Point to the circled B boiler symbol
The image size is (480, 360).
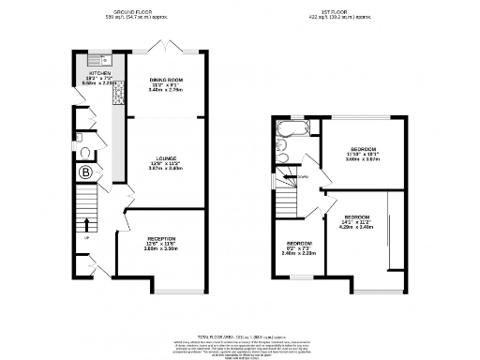(86, 172)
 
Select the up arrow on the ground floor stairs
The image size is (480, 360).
(86, 225)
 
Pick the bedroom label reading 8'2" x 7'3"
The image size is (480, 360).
(298, 248)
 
